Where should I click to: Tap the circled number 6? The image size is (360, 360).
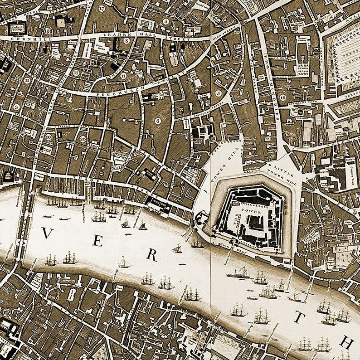point(158,121)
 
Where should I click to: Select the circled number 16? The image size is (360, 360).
point(283,97)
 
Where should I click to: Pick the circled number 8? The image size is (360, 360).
point(127,40)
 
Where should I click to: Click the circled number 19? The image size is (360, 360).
point(48,31)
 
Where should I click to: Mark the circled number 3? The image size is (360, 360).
point(17,107)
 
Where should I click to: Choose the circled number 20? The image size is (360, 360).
point(83,139)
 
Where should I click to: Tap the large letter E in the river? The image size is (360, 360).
point(97,242)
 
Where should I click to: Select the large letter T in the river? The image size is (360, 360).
point(298,317)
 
